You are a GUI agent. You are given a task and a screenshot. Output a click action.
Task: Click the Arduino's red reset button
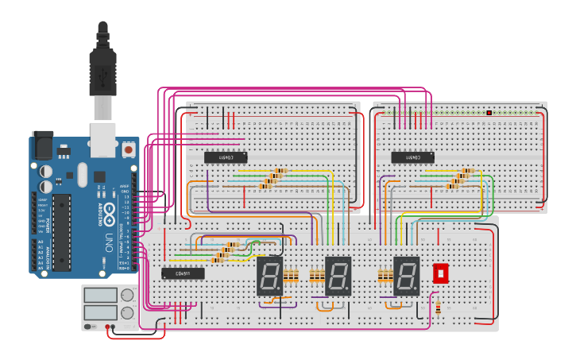pyautogui.click(x=128, y=149)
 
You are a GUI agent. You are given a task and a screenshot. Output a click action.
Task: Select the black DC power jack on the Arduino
pyautogui.click(x=43, y=144)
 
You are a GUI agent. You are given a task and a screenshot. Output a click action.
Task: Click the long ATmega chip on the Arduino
pyautogui.click(x=62, y=231)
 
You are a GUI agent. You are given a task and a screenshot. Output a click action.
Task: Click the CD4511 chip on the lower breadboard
pyautogui.click(x=183, y=273)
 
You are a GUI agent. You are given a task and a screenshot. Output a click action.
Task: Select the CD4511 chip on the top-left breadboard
pyautogui.click(x=226, y=157)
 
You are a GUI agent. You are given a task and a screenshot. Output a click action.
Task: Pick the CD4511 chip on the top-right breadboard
pyautogui.click(x=412, y=157)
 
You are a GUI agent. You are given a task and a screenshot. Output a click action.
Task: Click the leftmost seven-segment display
pyautogui.click(x=269, y=276)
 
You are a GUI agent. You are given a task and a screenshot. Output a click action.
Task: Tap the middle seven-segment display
pyautogui.click(x=338, y=276)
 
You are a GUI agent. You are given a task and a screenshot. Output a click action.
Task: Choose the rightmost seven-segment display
pyautogui.click(x=406, y=276)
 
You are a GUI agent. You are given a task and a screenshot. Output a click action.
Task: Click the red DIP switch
pyautogui.click(x=440, y=273)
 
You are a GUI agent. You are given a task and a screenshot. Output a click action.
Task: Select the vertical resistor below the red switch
pyautogui.click(x=438, y=306)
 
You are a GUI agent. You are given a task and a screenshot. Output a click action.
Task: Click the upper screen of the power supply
pyautogui.click(x=100, y=295)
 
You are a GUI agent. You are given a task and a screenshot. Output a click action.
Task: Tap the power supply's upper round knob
pyautogui.click(x=127, y=295)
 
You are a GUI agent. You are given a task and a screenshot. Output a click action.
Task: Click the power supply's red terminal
pyautogui.click(x=107, y=326)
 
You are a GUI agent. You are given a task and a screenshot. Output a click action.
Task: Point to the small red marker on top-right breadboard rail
pyautogui.click(x=489, y=113)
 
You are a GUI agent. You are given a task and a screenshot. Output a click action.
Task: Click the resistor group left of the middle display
pyautogui.click(x=316, y=276)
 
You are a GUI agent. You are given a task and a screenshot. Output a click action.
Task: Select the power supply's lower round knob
pyautogui.click(x=127, y=312)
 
